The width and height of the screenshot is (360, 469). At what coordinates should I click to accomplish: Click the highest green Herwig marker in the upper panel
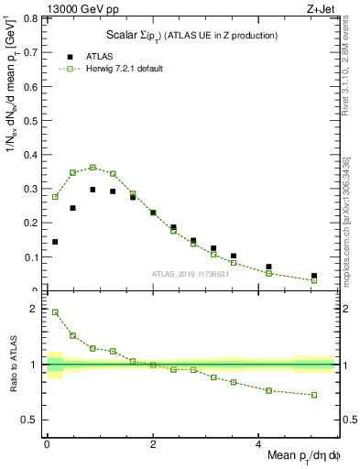[x=93, y=168]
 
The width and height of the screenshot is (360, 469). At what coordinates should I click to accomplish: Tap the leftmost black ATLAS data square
[x=55, y=242]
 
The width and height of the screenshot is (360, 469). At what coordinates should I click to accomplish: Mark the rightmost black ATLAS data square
[x=313, y=276]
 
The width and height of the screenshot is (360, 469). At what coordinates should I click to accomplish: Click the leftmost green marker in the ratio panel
[x=55, y=312]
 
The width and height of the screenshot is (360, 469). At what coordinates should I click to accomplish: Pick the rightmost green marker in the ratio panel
[x=313, y=395]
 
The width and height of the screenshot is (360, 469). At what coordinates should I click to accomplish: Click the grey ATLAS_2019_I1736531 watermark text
[x=191, y=274]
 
